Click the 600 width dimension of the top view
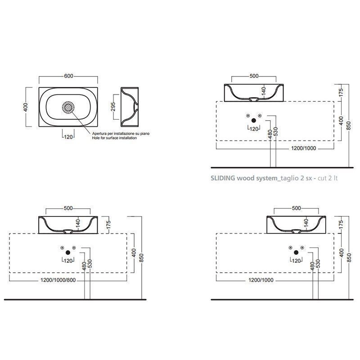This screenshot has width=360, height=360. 68,76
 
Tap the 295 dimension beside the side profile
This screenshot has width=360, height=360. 113,107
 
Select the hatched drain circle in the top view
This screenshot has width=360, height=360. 68,108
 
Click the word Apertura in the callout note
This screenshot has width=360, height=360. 100,133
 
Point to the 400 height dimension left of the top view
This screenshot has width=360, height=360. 26,107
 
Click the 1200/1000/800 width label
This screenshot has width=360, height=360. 58,280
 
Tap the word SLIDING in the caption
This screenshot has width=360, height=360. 223,178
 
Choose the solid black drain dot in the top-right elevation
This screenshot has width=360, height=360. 254,121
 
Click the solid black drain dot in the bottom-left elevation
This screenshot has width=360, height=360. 68,252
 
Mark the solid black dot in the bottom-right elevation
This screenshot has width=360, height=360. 296,252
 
